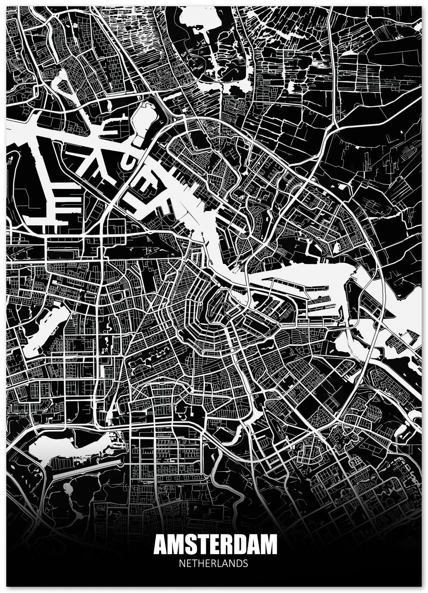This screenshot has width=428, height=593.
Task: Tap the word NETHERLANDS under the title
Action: [214, 564]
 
